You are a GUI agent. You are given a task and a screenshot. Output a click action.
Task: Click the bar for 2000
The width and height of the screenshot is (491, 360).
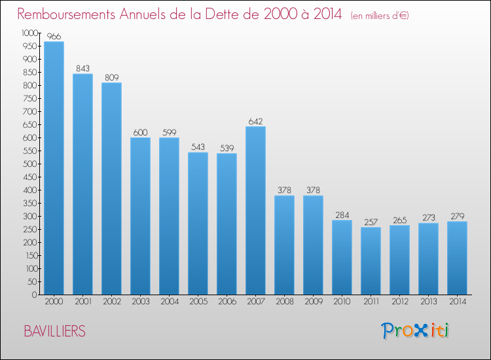tap(54, 168)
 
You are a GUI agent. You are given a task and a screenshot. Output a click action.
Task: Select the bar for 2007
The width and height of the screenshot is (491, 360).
tap(255, 210)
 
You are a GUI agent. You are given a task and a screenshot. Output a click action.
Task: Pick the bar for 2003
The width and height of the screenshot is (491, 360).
tap(140, 216)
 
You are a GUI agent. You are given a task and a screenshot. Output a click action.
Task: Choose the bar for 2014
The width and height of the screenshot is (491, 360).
tap(457, 258)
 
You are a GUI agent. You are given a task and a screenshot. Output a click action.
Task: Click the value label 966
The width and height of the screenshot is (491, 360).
tap(54, 37)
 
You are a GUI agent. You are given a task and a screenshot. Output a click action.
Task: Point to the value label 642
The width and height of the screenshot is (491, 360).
tap(255, 121)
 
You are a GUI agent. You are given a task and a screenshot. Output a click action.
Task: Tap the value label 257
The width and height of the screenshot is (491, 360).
tap(371, 222)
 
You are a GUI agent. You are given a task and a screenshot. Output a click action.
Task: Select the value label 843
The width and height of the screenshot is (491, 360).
tap(82, 69)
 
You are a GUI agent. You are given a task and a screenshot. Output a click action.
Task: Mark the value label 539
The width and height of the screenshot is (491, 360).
tap(227, 148)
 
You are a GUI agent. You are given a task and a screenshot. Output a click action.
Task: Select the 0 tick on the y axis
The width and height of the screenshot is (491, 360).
tap(35, 295)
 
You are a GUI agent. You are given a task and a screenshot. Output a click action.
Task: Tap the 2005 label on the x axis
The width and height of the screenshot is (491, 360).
tap(198, 302)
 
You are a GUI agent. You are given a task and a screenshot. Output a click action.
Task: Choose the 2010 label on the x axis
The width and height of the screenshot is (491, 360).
tap(342, 302)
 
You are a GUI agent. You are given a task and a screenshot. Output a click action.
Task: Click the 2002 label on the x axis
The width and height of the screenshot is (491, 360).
tap(111, 302)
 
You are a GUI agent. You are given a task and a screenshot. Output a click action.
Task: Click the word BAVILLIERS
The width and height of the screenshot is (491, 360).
tap(54, 331)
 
